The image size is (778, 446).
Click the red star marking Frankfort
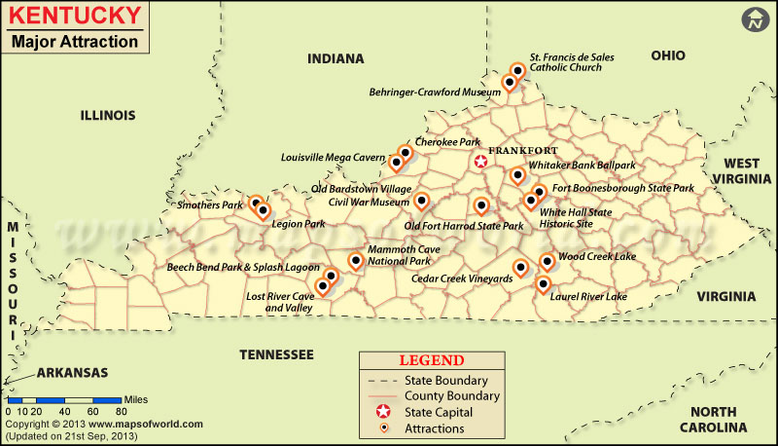click(x=479, y=163)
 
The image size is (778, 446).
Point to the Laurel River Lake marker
click(x=544, y=284)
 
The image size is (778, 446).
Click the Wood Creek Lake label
click(x=596, y=256)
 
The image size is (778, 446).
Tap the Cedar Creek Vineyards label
click(x=462, y=279)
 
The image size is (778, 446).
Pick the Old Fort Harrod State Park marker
click(x=481, y=205)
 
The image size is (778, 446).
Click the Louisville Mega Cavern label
click(x=333, y=156)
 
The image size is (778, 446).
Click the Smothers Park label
click(x=209, y=205)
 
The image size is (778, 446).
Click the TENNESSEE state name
click(x=276, y=353)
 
